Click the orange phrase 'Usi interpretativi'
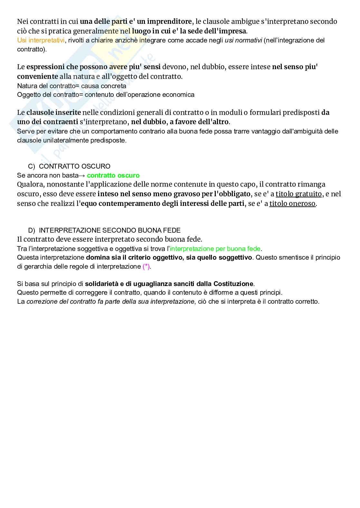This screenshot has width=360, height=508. [x=41, y=40]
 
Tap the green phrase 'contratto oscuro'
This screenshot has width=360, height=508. [x=113, y=175]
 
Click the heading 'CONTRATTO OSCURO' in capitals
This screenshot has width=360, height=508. [x=74, y=166]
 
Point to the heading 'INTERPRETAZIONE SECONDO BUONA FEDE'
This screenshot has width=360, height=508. [x=109, y=230]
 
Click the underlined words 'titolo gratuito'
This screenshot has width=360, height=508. [x=298, y=194]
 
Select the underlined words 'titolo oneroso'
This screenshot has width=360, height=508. [x=292, y=203]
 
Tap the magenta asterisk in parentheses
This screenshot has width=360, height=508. [x=146, y=266]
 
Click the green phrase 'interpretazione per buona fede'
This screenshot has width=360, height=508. [x=215, y=249]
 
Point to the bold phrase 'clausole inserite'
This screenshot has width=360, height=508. [x=53, y=112]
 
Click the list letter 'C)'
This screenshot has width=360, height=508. [x=32, y=166]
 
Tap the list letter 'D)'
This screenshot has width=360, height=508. [x=32, y=230]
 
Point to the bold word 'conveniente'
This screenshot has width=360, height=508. [x=37, y=77]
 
